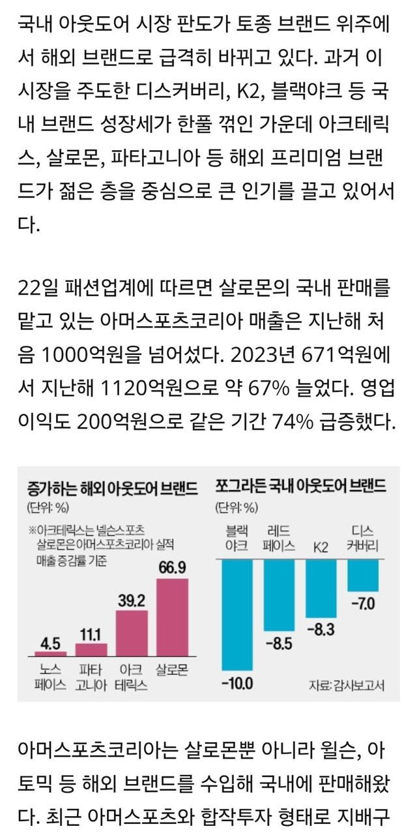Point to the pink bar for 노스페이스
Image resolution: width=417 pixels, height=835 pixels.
coord(51,653)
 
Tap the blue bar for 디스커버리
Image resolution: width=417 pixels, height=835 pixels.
coord(362,575)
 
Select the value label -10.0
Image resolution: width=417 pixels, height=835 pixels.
coord(237,684)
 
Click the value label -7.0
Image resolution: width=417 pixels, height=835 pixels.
coord(362,604)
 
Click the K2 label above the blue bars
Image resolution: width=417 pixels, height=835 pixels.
coord(321,545)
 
